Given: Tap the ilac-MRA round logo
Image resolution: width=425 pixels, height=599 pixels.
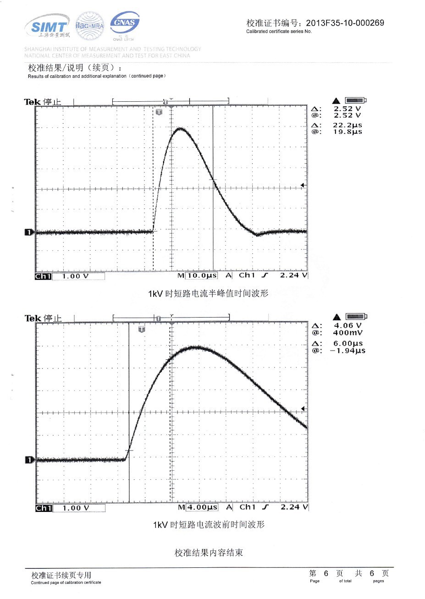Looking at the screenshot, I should click(89, 26).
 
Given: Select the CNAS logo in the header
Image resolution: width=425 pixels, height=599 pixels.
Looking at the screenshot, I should click(124, 23).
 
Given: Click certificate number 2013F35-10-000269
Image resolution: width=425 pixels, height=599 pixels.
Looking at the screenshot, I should click(345, 23).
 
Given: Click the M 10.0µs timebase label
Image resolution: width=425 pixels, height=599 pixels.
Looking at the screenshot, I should click(198, 275).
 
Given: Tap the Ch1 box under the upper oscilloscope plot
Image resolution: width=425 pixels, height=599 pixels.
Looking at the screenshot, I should click(43, 276).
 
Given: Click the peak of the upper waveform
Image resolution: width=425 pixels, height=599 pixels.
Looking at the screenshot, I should click(179, 129).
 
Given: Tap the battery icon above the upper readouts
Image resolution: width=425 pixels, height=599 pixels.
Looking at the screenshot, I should click(356, 100).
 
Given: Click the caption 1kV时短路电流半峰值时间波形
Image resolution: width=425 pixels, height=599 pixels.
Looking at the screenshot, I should click(208, 293).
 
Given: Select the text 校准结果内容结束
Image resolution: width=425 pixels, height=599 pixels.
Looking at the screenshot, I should click(209, 553).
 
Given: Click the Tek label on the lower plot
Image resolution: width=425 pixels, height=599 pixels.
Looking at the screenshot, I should click(33, 318).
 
